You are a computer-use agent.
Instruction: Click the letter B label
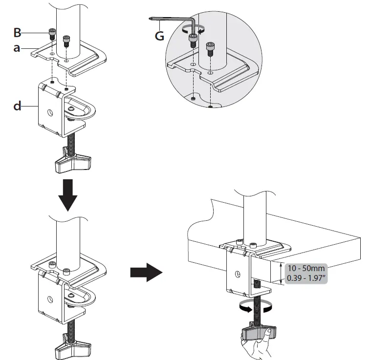click(x=18, y=33)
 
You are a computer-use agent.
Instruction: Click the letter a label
click(x=17, y=49)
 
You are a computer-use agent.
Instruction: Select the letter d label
click(x=17, y=106)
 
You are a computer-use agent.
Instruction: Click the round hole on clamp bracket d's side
click(x=50, y=112)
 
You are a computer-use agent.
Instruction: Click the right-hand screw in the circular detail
click(x=211, y=47)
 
